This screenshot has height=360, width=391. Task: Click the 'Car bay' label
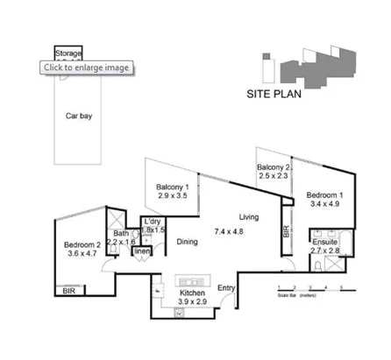[79, 115]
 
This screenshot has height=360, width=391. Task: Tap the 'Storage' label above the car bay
[68, 53]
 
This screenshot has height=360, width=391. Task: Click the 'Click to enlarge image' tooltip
[88, 67]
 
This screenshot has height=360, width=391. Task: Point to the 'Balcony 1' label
[175, 187]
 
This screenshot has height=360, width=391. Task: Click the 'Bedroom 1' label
[324, 194]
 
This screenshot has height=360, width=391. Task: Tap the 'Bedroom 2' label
[83, 245]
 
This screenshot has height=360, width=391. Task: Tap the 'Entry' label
[226, 288]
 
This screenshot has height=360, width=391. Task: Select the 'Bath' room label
[121, 235]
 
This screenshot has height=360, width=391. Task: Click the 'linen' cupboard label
[140, 252]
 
